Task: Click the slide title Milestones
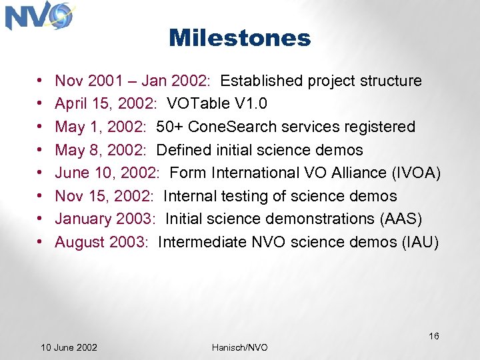[x=239, y=38]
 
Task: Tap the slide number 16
[x=433, y=336]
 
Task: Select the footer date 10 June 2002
[x=69, y=347]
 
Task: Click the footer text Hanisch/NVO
[x=239, y=347]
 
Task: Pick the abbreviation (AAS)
[x=398, y=219]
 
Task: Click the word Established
[x=262, y=81]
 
